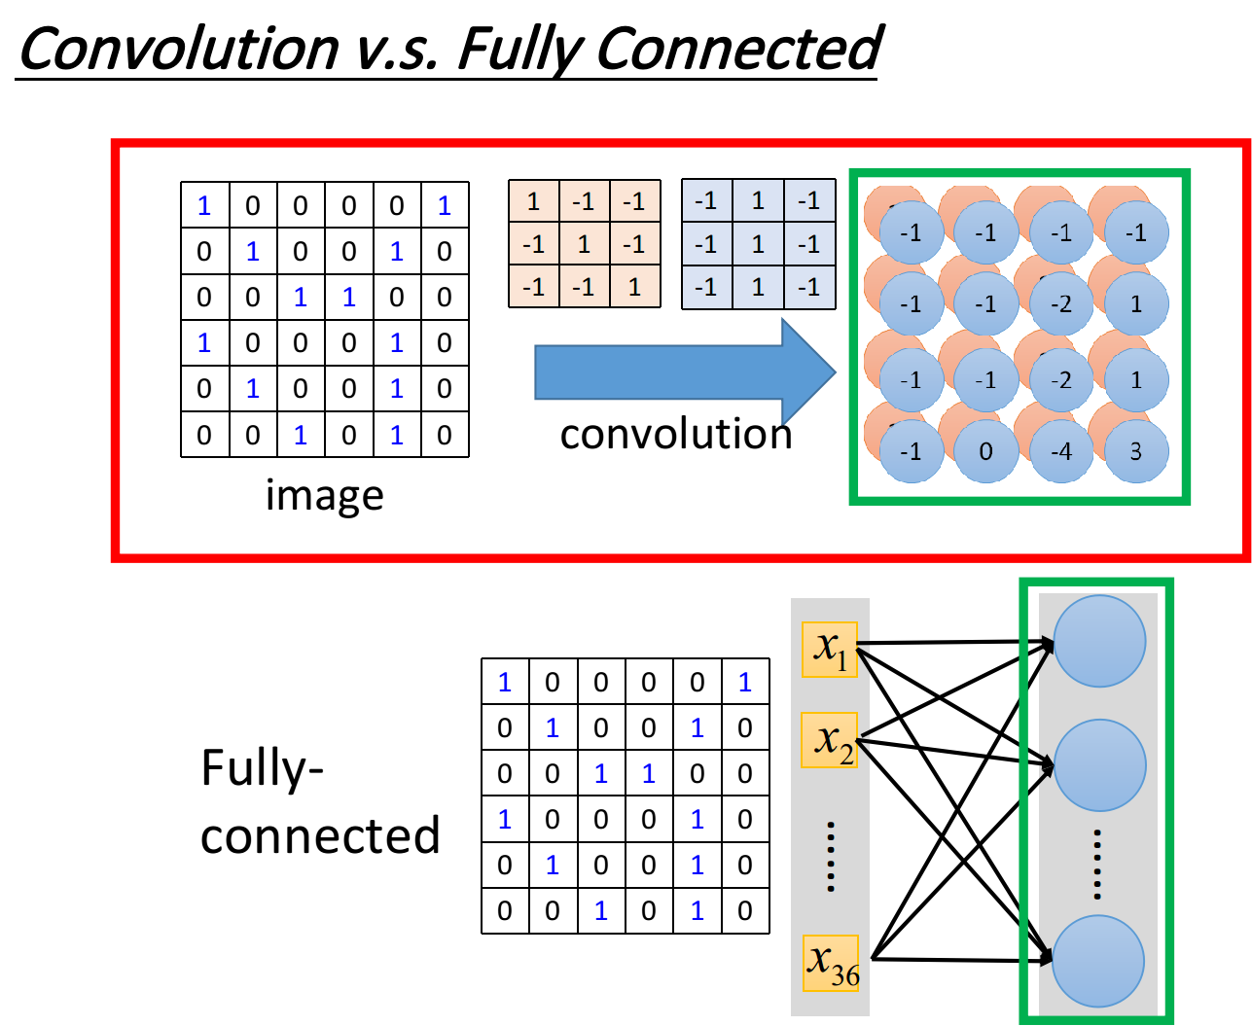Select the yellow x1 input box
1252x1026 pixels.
pos(830,650)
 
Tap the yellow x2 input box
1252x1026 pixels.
pos(830,740)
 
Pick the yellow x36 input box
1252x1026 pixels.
pos(832,963)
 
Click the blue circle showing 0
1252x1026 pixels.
pos(985,451)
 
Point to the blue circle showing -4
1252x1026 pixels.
pos(1061,451)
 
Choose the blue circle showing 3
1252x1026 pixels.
pos(1136,451)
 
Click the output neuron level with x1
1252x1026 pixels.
pos(1099,642)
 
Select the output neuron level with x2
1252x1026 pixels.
pos(1099,765)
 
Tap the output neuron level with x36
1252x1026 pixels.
pos(1098,961)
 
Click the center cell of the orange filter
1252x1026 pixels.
pos(585,244)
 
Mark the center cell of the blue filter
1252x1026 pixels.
pos(758,244)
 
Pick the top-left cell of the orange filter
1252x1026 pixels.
pos(534,201)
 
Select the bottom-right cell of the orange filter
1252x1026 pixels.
pos(634,287)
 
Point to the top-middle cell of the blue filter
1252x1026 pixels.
pos(758,201)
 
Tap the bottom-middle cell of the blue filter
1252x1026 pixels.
pos(758,287)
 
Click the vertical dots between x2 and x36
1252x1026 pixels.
pos(831,856)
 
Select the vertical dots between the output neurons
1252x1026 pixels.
pos(1096,864)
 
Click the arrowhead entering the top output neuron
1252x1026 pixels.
pos(1046,644)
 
